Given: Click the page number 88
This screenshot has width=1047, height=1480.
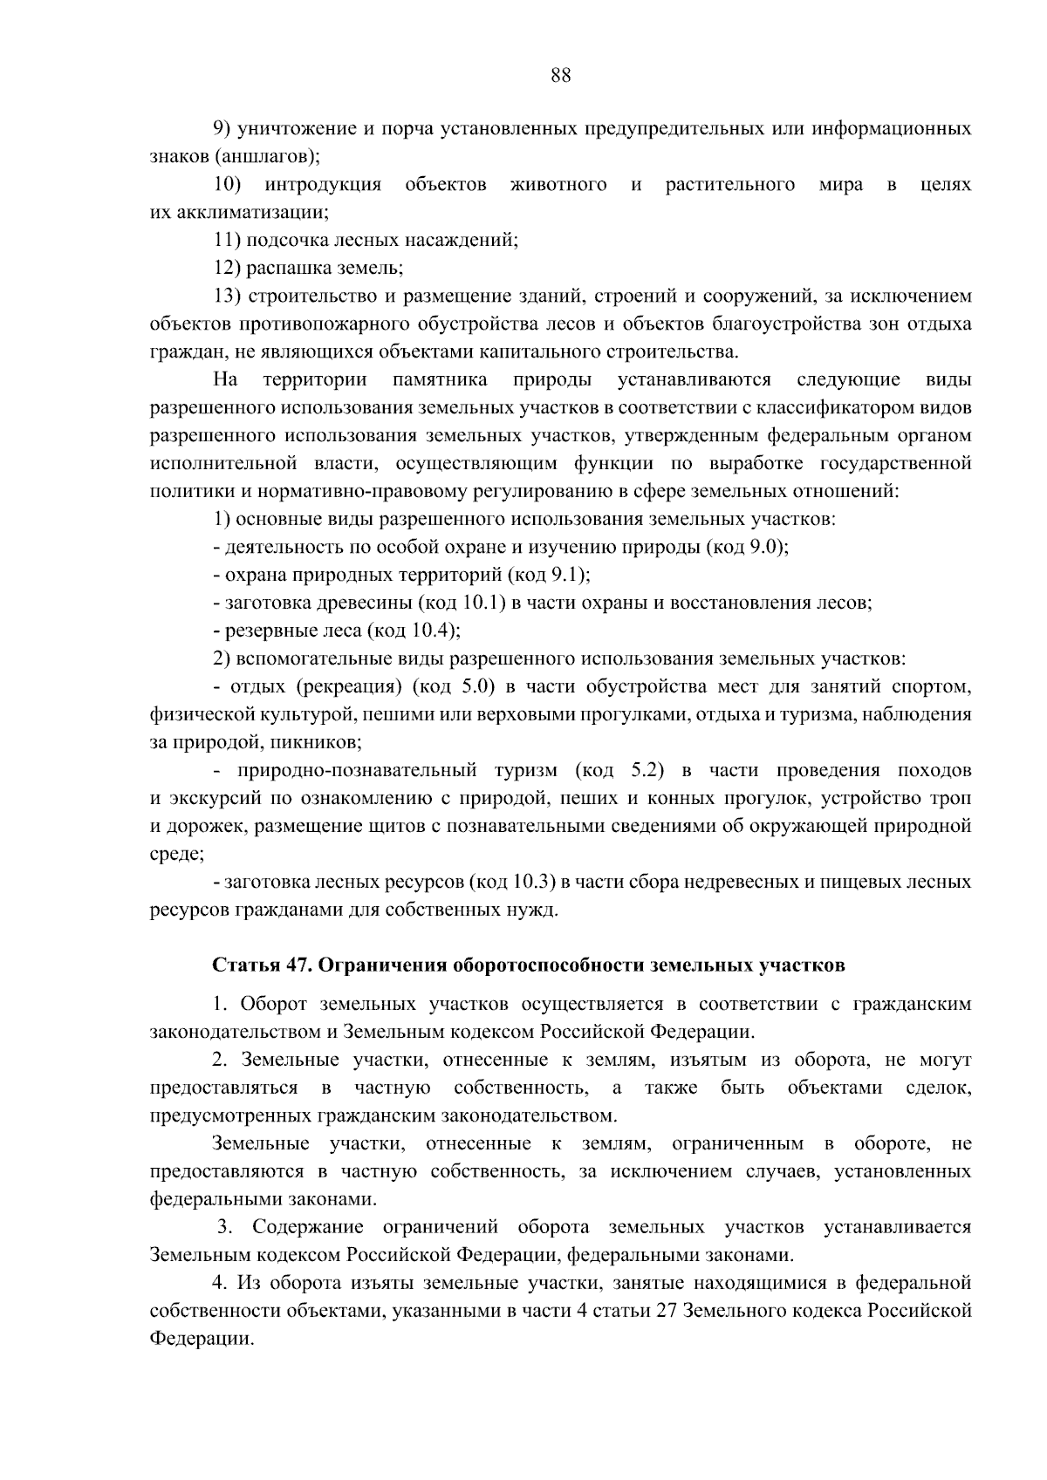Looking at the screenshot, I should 561,75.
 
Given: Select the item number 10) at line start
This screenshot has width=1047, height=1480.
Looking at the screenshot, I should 230,185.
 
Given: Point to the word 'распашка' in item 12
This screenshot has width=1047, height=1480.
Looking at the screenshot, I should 283,268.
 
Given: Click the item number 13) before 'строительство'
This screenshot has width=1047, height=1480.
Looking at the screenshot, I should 230,296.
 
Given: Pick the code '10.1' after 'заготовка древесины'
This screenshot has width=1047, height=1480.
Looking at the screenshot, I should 478,603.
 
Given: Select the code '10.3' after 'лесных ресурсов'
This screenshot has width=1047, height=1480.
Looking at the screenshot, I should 534,882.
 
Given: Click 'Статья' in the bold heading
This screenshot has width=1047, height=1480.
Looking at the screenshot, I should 245,965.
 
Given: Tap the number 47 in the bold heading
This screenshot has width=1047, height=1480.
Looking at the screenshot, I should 295,965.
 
